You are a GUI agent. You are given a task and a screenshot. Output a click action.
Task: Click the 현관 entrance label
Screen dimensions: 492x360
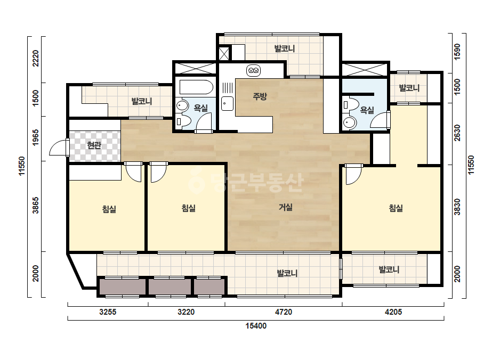click(x=94, y=145)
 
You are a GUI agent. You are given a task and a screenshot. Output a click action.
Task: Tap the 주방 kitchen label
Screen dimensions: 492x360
click(x=260, y=96)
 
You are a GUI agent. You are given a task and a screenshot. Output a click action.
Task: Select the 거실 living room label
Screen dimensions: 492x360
click(x=286, y=207)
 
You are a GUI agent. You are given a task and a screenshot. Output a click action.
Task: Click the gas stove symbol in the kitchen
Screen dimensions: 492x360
click(x=253, y=70)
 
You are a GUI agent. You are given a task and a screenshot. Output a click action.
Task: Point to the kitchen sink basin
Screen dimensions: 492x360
click(x=227, y=103)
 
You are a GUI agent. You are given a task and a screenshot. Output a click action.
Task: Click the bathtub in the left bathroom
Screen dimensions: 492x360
click(x=196, y=87)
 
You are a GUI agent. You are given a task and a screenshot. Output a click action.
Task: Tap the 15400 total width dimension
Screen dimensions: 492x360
click(x=256, y=326)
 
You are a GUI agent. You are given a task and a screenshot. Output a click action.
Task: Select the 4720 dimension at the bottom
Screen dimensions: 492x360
click(x=284, y=312)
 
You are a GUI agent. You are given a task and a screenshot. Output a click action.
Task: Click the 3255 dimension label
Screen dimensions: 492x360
click(x=108, y=312)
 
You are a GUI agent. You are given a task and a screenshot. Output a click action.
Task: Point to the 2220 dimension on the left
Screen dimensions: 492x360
click(x=36, y=58)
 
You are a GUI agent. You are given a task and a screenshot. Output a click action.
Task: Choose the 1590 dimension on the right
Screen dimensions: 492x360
click(x=457, y=52)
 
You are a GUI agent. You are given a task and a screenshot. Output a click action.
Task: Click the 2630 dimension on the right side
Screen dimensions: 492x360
click(x=457, y=133)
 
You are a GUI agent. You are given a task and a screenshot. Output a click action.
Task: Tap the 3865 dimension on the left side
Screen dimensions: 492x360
click(x=36, y=205)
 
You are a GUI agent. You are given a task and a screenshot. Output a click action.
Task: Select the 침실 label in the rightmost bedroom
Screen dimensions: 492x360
click(x=396, y=208)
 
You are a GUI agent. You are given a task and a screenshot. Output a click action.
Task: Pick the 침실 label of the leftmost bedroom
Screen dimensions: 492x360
click(x=109, y=209)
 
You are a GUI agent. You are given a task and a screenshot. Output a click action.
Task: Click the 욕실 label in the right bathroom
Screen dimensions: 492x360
click(x=367, y=110)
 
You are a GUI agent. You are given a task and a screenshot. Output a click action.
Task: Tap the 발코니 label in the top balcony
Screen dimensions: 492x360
click(x=285, y=48)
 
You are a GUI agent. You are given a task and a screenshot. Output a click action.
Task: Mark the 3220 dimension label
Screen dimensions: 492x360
click(x=186, y=312)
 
